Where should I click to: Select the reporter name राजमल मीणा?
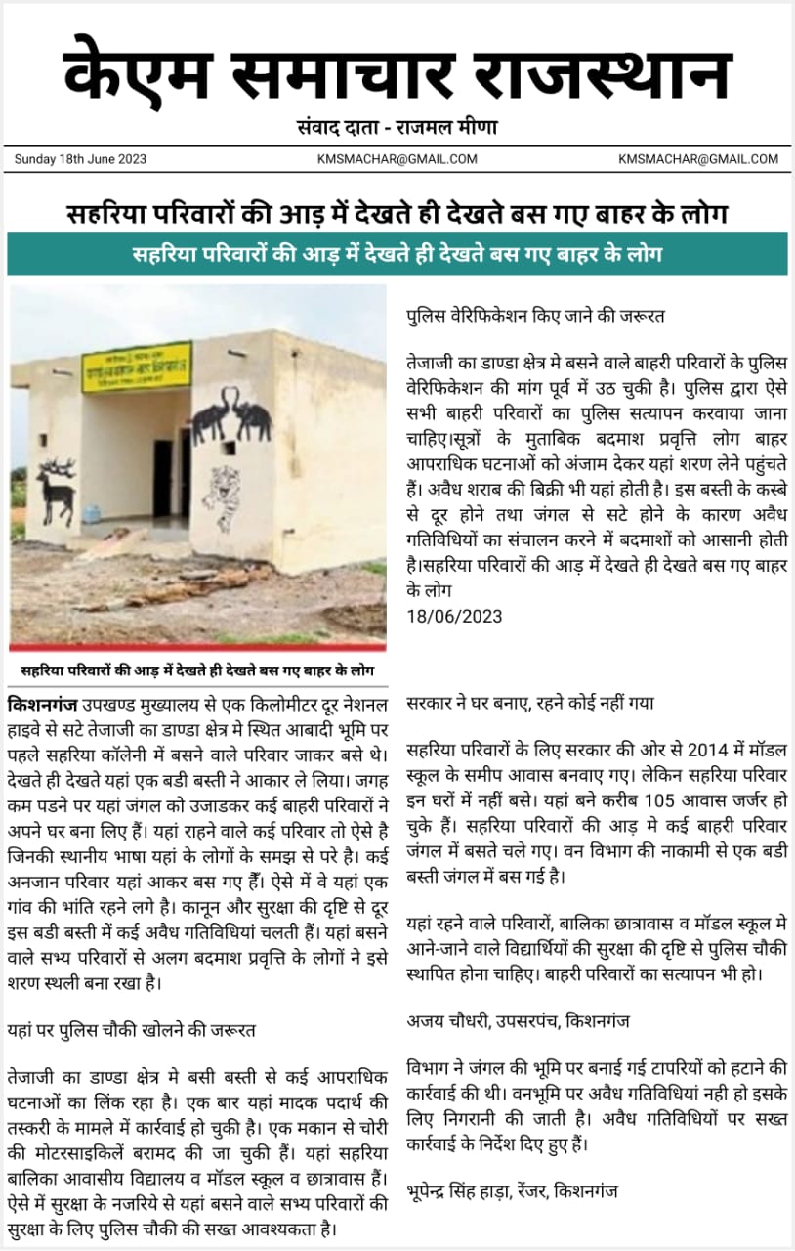[x=449, y=127]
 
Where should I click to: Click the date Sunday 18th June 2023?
[x=80, y=159]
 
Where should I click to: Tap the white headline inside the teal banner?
[x=397, y=255]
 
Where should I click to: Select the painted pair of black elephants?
[x=231, y=415]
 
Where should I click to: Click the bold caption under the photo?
[x=198, y=670]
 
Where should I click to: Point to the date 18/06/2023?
[x=454, y=615]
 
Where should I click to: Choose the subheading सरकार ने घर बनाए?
[x=530, y=702]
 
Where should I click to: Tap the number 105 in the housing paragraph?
[x=607, y=797]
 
